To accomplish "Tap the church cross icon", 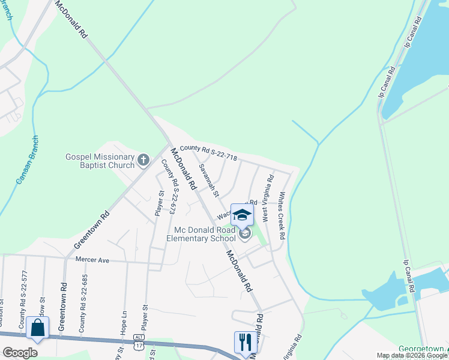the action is point(143,160).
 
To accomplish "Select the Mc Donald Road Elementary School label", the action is point(204,235).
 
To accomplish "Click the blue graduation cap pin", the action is point(242,215).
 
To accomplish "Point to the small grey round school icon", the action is point(245,233).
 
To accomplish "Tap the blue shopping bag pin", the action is point(37,328).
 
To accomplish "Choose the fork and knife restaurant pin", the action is point(245,342).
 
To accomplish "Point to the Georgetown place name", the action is point(423,349).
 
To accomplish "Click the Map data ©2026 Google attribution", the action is point(412,356).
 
